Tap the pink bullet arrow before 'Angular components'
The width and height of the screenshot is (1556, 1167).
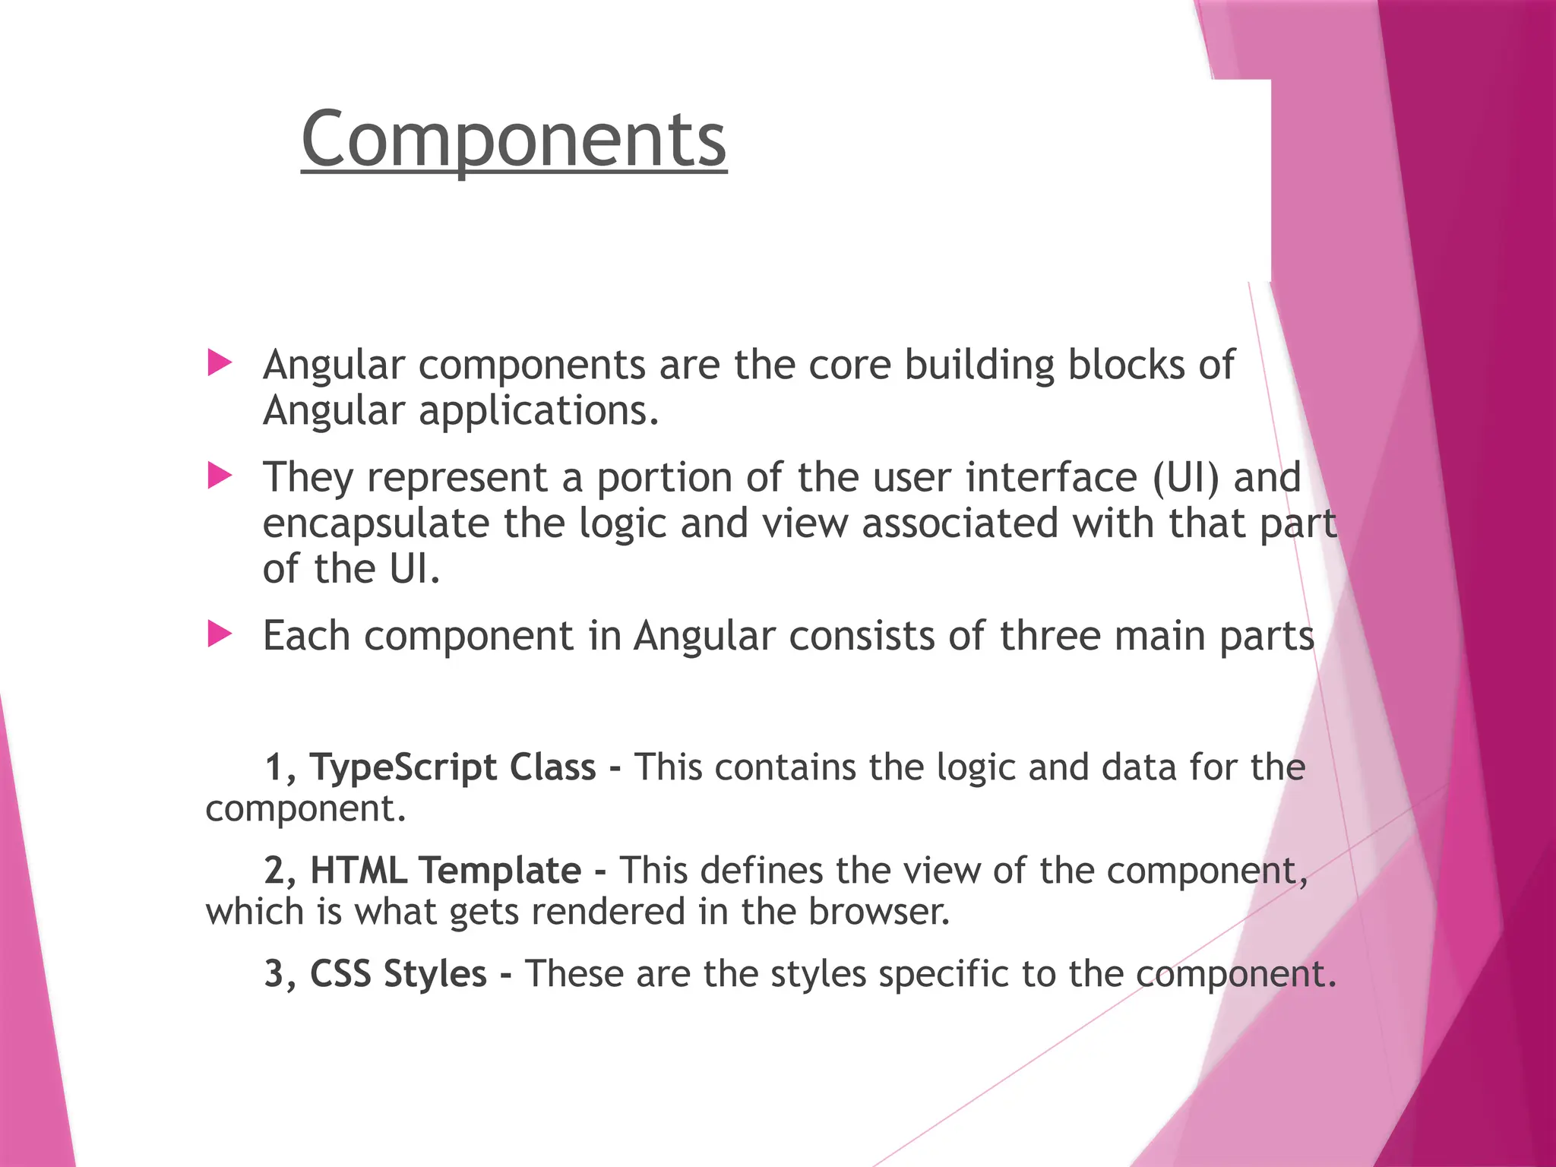point(220,363)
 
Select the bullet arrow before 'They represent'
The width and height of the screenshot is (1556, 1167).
point(220,476)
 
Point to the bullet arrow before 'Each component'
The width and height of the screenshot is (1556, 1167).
point(220,634)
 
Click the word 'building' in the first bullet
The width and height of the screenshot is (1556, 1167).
point(979,365)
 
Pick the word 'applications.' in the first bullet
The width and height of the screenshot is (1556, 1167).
point(539,411)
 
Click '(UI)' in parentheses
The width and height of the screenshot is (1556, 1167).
point(1186,478)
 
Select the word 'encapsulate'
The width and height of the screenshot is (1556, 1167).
point(376,524)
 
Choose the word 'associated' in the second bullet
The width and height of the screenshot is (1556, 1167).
point(960,523)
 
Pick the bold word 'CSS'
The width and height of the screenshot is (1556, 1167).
point(340,974)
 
